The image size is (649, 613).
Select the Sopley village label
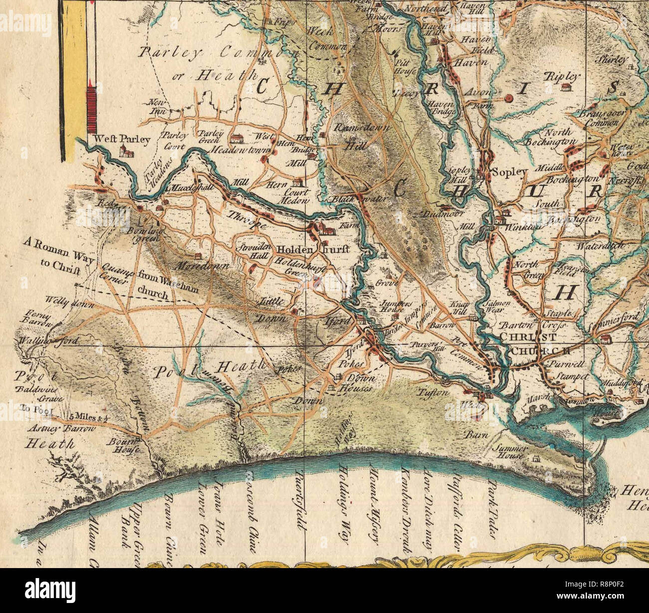coord(509,172)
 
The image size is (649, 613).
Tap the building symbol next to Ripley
coord(566,88)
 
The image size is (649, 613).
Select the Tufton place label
coord(433,393)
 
